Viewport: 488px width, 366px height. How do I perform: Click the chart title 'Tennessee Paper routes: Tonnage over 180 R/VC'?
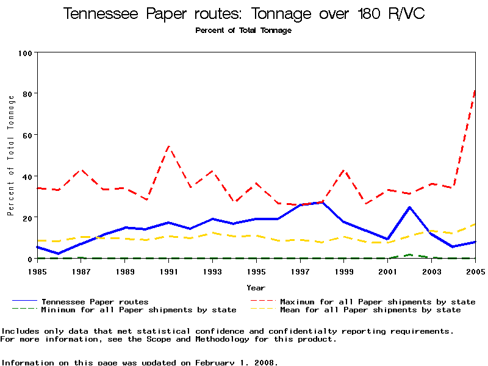coord(244,14)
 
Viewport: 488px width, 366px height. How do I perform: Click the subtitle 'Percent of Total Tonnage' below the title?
coord(243,30)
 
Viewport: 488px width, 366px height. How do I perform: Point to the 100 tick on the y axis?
coord(25,53)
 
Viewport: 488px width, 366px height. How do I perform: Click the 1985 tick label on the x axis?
coord(37,271)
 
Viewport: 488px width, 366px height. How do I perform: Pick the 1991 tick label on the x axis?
coord(168,271)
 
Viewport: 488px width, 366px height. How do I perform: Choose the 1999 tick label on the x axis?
coord(344,271)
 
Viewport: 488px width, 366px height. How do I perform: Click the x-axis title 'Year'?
coord(256,287)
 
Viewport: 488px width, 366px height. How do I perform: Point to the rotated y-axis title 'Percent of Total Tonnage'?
coord(10,156)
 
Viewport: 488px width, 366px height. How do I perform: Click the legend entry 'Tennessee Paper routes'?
coord(95,301)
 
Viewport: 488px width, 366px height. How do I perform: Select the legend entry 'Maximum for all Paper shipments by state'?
coord(378,301)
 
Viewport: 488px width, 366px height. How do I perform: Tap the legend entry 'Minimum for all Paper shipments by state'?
coord(138,310)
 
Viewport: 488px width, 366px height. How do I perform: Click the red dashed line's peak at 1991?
coord(168,146)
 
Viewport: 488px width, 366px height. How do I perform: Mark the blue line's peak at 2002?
coord(410,207)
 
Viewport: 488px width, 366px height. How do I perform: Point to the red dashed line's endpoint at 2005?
coord(475,90)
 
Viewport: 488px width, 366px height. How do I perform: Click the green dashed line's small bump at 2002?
coord(410,254)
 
